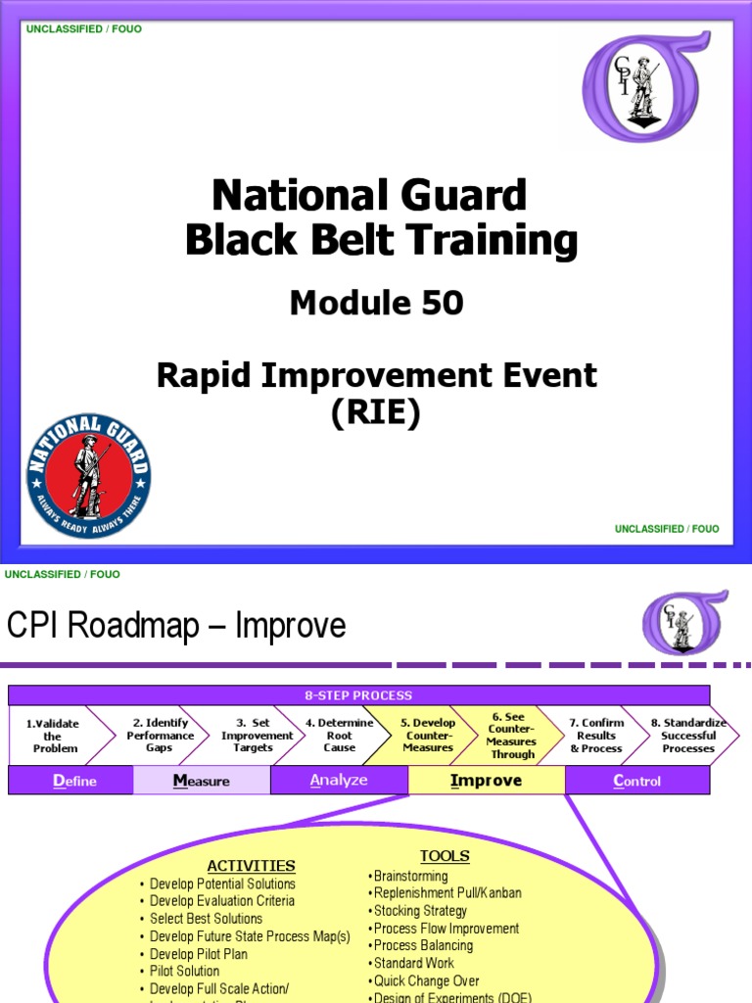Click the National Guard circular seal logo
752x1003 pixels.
point(88,475)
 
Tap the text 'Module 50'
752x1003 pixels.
point(376,304)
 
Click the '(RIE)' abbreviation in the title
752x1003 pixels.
point(376,414)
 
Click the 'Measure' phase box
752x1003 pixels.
point(202,781)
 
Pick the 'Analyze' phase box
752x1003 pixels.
point(339,781)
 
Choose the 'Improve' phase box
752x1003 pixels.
point(486,781)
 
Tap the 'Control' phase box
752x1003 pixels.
point(636,781)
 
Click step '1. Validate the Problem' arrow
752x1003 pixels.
point(53,736)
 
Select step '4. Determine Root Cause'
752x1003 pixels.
point(339,736)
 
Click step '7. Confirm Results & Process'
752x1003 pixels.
point(596,736)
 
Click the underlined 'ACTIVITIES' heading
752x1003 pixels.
point(251,866)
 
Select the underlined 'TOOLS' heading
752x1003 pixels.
point(445,856)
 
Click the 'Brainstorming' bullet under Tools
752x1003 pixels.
point(410,877)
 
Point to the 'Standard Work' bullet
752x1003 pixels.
point(413,963)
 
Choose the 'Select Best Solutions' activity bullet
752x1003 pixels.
point(206,919)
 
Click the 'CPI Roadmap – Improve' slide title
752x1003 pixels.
point(176,625)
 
